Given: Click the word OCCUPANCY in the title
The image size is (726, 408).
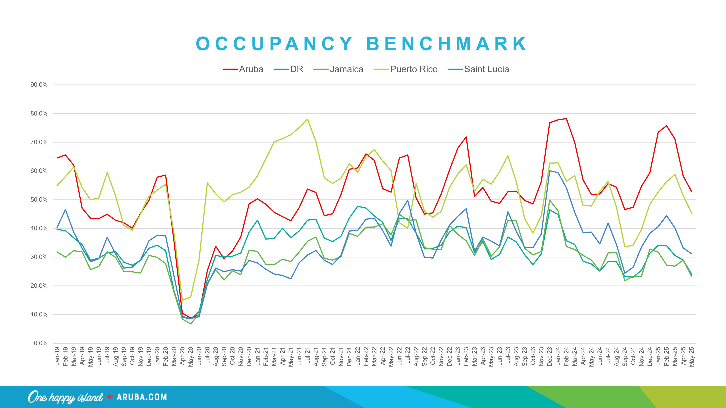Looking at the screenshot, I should pos(274,44).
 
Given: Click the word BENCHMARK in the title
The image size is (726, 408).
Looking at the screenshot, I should pos(446,44).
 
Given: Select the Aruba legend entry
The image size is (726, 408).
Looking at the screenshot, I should pos(251,69).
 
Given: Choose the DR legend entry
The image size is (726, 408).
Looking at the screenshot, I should pos(297,69).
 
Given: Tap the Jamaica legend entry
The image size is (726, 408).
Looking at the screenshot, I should pos(346,69).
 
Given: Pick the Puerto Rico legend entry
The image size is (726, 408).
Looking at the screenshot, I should pos(413,69).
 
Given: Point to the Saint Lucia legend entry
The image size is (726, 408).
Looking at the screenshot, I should pos(486,69).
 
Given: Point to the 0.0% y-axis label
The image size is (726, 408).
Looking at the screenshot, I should pos(41,343).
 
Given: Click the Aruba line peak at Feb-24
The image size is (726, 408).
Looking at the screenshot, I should pos(566,119).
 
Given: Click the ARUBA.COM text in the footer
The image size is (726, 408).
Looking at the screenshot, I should pos(142,397).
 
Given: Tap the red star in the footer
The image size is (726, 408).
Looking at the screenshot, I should pos(110,397).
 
